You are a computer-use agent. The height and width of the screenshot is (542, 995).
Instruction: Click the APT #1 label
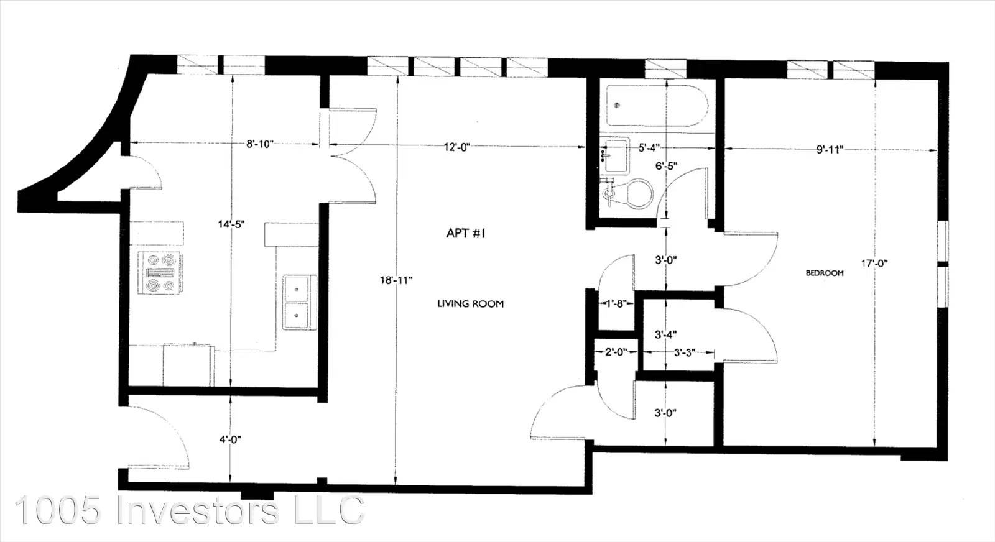[x=466, y=233]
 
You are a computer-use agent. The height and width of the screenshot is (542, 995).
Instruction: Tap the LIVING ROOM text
[x=470, y=304]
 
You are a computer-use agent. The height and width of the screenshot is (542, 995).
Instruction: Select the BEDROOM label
[x=825, y=273]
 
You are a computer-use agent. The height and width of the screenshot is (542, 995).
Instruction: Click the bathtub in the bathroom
[x=657, y=106]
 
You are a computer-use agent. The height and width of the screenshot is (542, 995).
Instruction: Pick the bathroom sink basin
[x=615, y=155]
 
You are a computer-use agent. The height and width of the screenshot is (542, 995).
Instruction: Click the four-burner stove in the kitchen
[x=159, y=272]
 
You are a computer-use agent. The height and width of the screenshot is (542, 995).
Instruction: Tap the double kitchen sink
[x=300, y=302]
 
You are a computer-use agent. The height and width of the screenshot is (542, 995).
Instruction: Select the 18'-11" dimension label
[x=396, y=280]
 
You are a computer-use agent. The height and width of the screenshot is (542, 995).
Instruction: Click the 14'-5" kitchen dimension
[x=231, y=224]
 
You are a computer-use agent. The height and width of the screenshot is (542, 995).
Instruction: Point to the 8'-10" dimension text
[x=260, y=144]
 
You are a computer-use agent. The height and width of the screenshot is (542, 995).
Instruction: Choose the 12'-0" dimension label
[x=456, y=147]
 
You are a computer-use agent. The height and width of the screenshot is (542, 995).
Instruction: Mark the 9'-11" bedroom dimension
[x=830, y=149]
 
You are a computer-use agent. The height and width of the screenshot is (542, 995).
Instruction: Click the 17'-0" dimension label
[x=874, y=264]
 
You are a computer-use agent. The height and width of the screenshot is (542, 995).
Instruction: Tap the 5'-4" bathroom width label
[x=649, y=147]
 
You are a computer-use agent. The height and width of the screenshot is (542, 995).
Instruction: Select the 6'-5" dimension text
[x=666, y=166]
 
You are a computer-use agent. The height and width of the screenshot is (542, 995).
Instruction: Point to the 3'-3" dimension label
[x=685, y=353]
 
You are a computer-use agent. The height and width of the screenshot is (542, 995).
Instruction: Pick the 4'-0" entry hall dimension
[x=229, y=439]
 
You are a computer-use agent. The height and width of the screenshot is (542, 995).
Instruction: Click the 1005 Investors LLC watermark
[x=190, y=510]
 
